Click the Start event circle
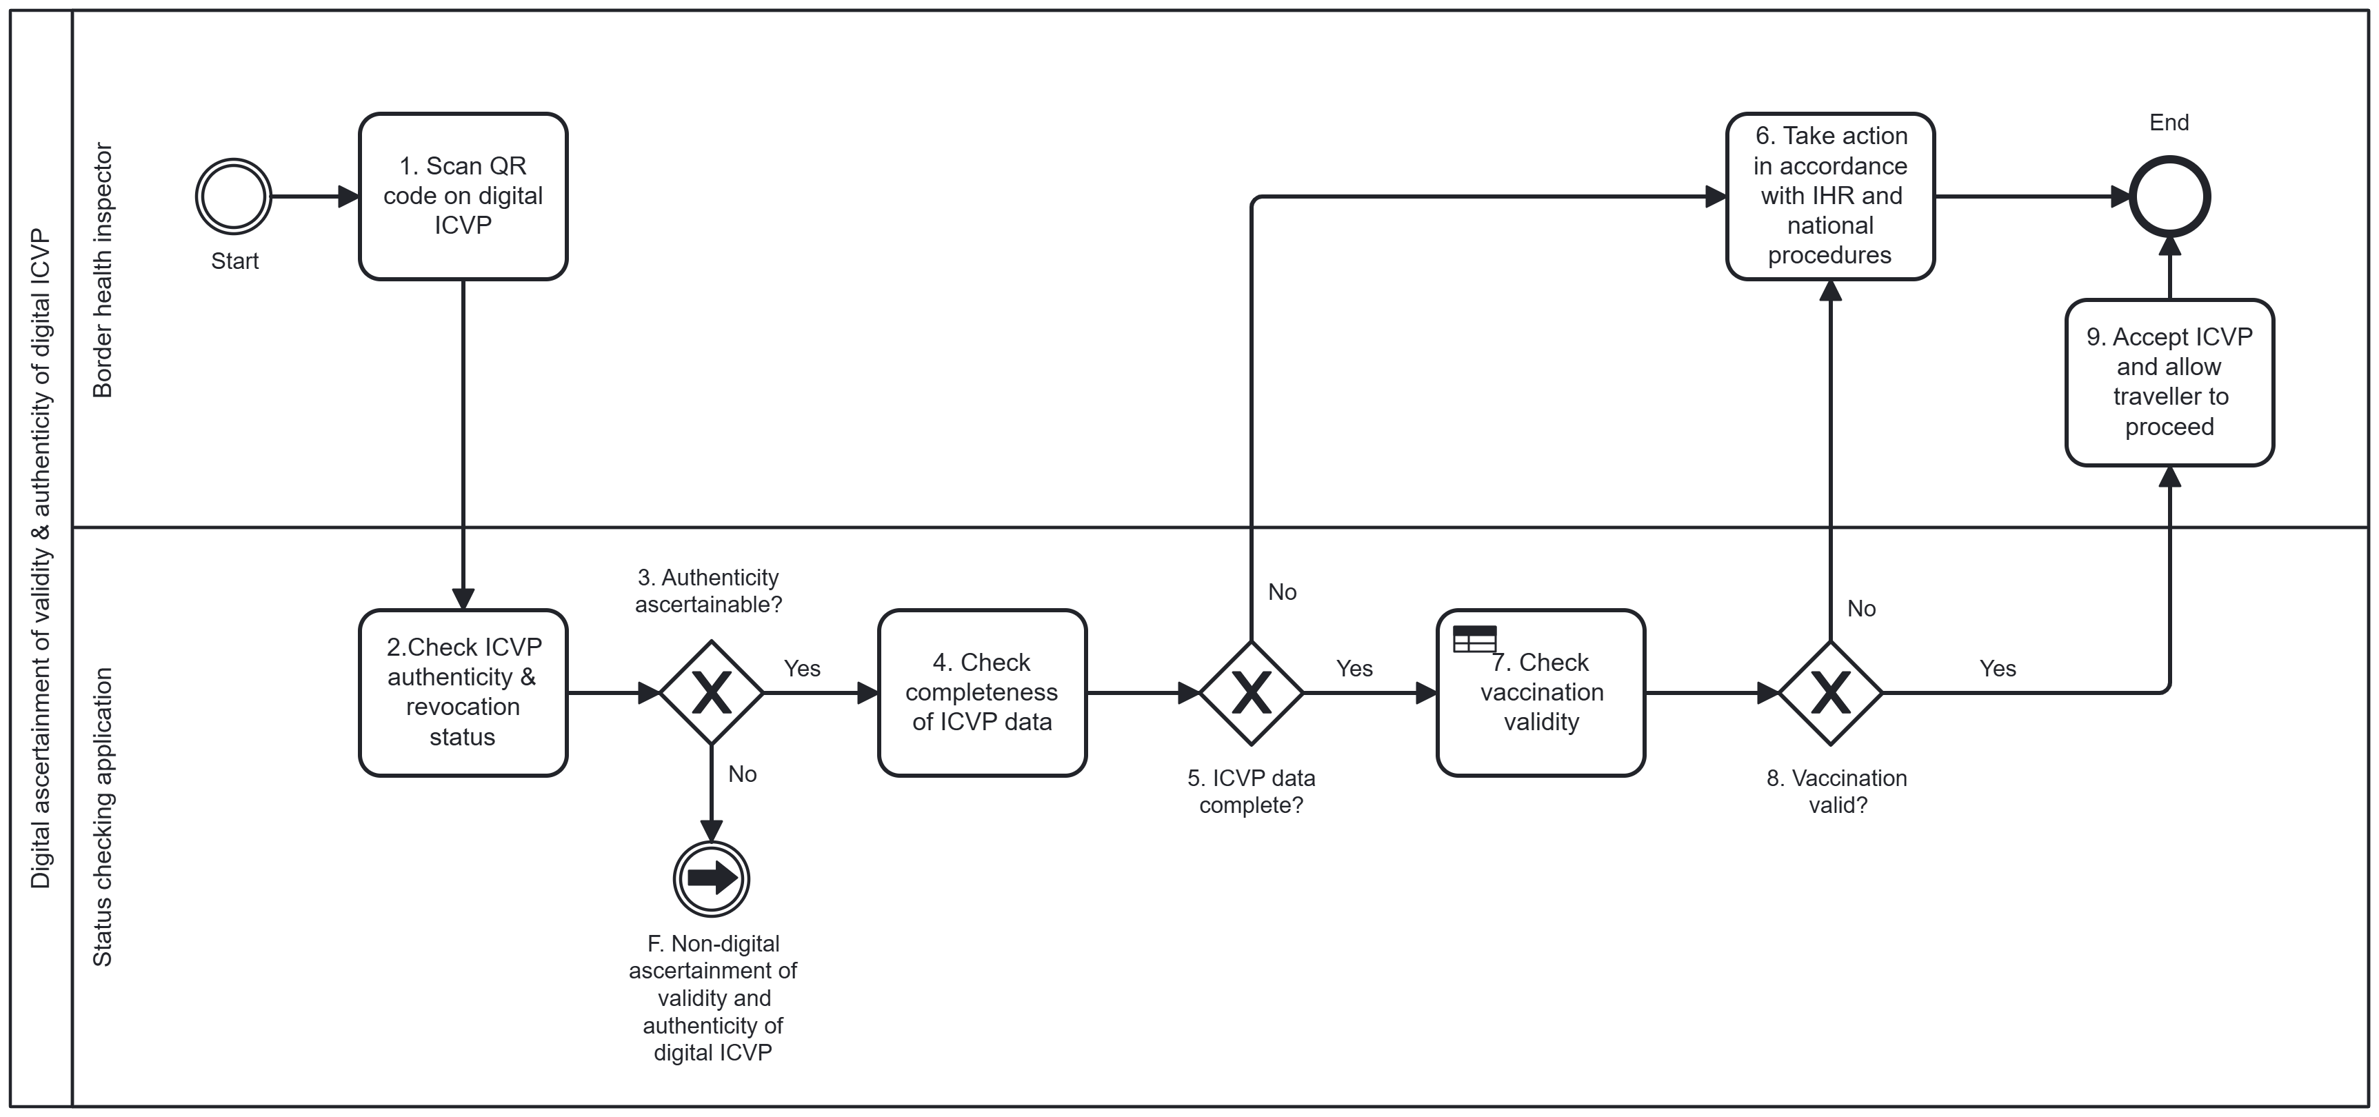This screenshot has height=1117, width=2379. coord(234,197)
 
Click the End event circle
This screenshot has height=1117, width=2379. coord(2169,197)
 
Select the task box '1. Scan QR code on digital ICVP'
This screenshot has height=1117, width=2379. coord(463,197)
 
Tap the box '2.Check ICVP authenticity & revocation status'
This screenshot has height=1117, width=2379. coord(463,692)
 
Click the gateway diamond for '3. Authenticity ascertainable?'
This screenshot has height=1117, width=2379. coord(711,692)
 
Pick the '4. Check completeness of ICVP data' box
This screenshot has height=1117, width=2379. coord(982,692)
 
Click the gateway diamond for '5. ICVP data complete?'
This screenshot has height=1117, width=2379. coord(1252,692)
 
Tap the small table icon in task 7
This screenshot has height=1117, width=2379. coord(1474,638)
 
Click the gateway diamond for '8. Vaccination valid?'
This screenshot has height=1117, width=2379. coord(1830,692)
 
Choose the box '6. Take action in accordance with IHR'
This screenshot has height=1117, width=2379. coord(1830,197)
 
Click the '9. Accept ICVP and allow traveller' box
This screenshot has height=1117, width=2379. coord(2169,382)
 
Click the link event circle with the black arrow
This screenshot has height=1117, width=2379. coord(711,878)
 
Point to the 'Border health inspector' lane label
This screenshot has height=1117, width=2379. coord(103,270)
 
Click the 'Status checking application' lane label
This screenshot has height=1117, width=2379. coord(103,817)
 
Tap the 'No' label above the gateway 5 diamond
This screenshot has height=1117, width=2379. coord(1282,592)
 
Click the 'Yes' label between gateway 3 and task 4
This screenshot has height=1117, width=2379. coord(801,668)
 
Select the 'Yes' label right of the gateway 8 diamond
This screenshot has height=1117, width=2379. coord(1998,668)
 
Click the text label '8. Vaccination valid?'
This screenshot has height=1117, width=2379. coord(1837,791)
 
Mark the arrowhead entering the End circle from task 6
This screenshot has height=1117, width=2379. coord(2120,197)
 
